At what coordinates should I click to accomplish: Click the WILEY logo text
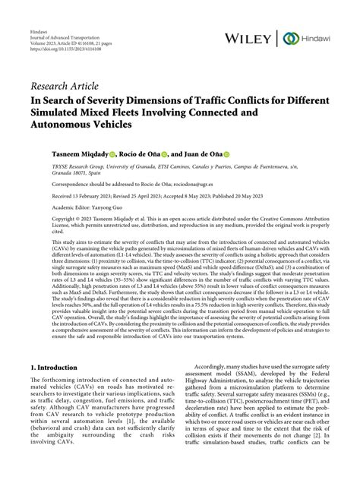pos(254,38)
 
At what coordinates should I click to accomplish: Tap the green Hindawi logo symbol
pos(290,38)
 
